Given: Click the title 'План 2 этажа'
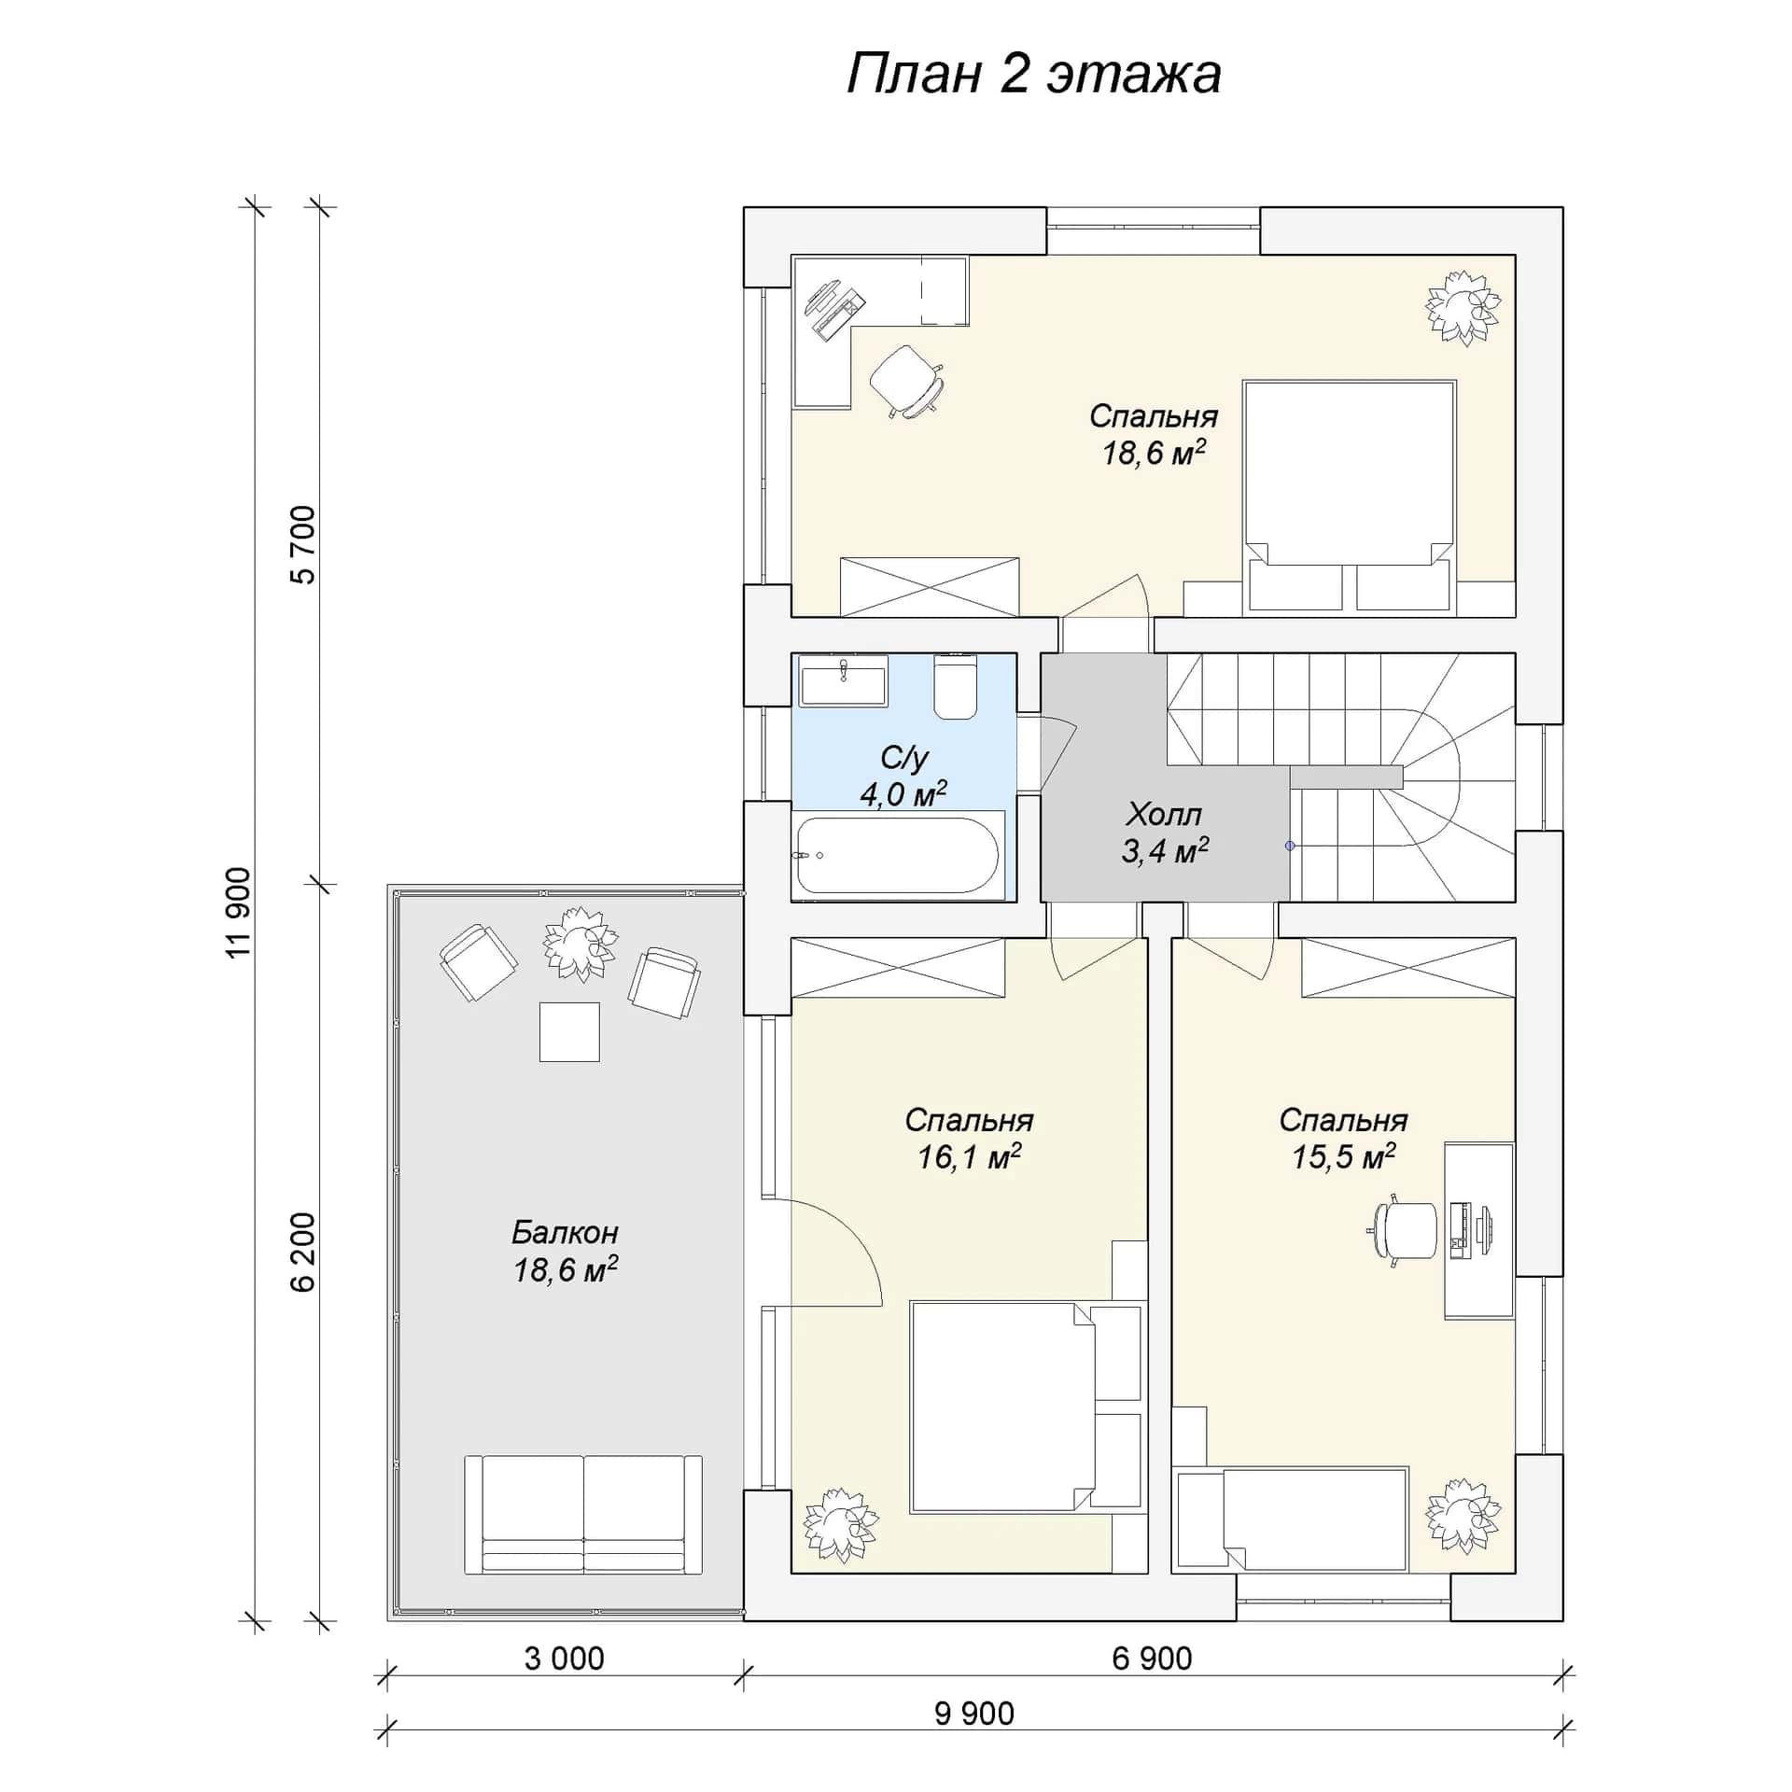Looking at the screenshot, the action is (x=1033, y=75).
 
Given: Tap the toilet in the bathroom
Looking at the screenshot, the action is (x=955, y=687).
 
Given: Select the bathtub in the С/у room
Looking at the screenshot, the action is (x=898, y=855).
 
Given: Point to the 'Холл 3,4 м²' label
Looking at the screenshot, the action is (x=1164, y=833).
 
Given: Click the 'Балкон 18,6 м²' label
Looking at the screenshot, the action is (x=565, y=1251).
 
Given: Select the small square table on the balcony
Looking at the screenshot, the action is (x=569, y=1031).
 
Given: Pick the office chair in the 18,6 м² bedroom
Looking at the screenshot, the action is (x=906, y=381).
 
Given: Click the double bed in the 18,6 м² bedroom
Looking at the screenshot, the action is (x=1350, y=497).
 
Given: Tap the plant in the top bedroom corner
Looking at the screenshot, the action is (x=1463, y=308).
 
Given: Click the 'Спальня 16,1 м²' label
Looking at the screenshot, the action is (x=969, y=1139).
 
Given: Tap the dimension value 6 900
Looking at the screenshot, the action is (x=1152, y=1659).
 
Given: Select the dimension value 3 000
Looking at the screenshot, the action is (x=564, y=1659).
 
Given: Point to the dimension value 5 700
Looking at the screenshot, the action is (x=303, y=545).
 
